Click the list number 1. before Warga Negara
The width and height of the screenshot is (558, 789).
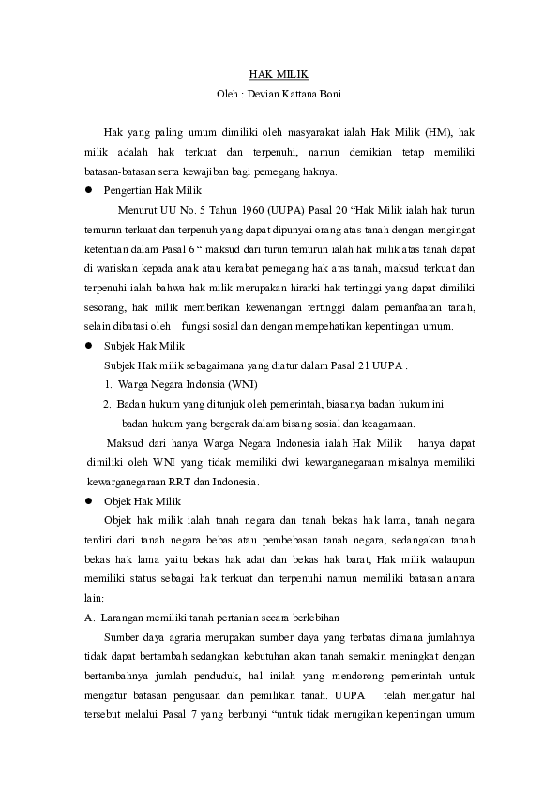(109, 385)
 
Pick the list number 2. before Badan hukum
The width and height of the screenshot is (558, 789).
(109, 404)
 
